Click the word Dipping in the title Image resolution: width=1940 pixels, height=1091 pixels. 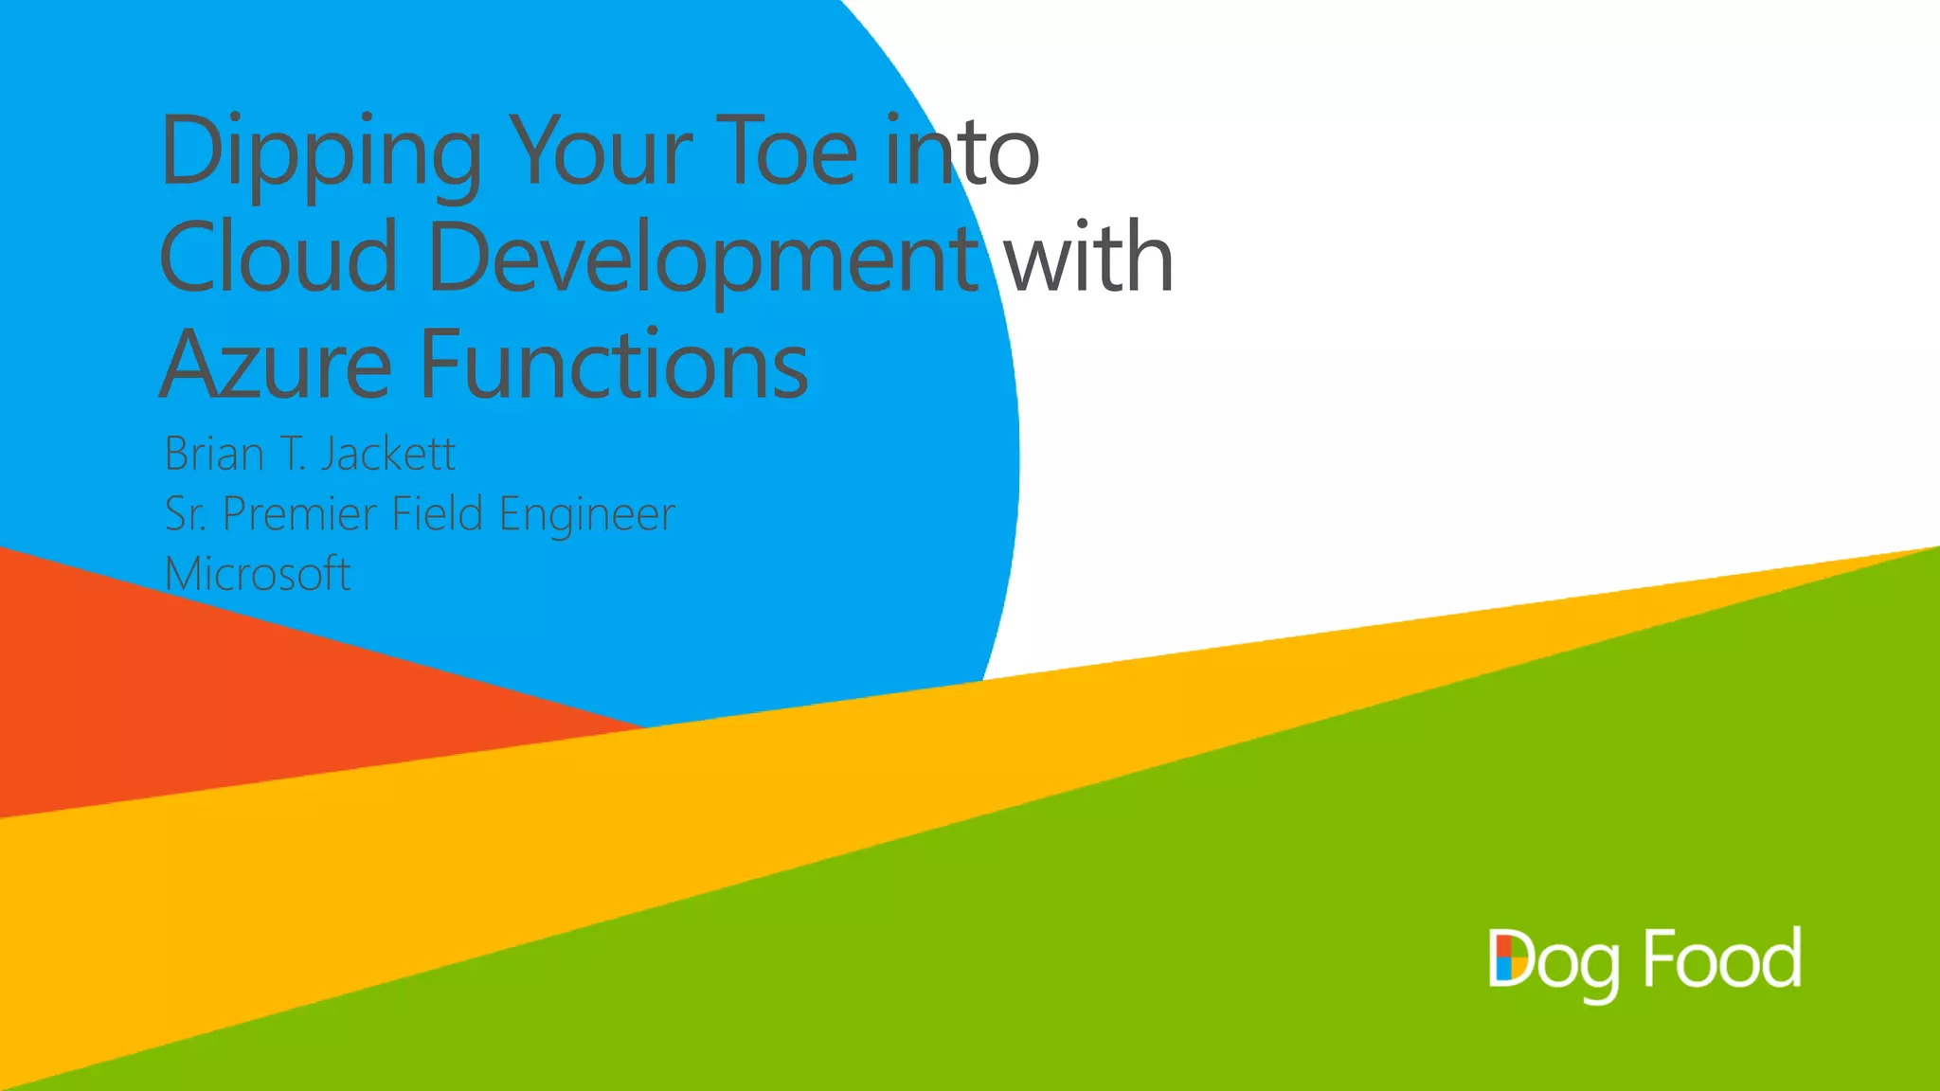pyautogui.click(x=321, y=152)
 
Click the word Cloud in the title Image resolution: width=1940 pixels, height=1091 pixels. pyautogui.click(x=278, y=257)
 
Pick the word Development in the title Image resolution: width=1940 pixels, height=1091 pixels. pyautogui.click(x=703, y=259)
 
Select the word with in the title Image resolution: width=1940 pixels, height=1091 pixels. pyautogui.click(x=1088, y=257)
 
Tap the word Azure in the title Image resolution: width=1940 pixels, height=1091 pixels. pyautogui.click(x=276, y=365)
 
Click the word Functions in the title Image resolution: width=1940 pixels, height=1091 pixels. pyautogui.click(x=614, y=365)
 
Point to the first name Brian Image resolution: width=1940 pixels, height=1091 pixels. pyautogui.click(x=214, y=454)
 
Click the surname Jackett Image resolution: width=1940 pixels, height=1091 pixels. pyautogui.click(x=387, y=454)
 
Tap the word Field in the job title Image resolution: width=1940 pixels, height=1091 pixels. pyautogui.click(x=437, y=513)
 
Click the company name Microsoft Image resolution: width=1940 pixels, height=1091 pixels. pyautogui.click(x=258, y=574)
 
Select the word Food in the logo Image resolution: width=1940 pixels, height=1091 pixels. pyautogui.click(x=1721, y=958)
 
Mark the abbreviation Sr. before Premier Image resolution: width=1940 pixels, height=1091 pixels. pyautogui.click(x=186, y=514)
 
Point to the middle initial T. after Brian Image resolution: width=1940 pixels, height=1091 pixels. pyautogui.click(x=293, y=454)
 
